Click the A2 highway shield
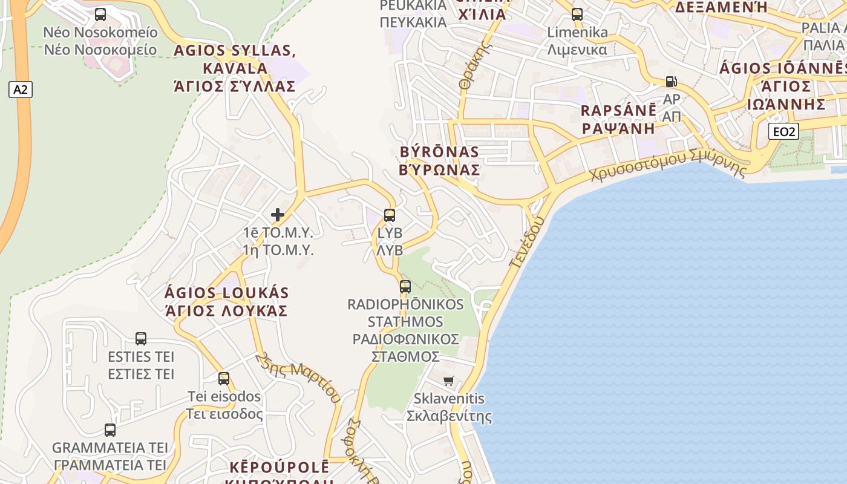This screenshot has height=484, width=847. (21, 90)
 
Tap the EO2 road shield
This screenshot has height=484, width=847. (783, 131)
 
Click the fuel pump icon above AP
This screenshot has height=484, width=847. (671, 81)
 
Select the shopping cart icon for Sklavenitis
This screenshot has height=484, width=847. (448, 381)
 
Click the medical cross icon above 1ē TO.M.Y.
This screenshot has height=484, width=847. (278, 214)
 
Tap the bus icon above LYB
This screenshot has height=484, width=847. (390, 215)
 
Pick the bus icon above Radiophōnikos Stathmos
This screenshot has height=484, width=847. (405, 286)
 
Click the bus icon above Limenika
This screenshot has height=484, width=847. (577, 15)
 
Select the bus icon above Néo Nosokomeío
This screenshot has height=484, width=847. (100, 15)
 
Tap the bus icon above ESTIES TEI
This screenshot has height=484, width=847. (141, 338)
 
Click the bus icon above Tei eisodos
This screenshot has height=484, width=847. (224, 379)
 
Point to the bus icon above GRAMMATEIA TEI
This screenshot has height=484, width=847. (110, 430)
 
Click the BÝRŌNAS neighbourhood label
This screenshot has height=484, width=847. (440, 152)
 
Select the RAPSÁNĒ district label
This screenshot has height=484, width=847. (618, 111)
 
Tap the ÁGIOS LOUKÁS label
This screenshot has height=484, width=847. (226, 293)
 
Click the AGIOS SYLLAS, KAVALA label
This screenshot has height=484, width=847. (235, 59)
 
